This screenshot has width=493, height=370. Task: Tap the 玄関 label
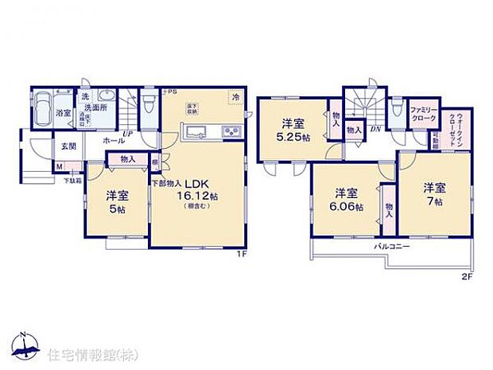[68, 146]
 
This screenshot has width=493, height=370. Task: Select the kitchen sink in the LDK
[198, 131]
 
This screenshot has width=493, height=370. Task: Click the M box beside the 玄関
[59, 167]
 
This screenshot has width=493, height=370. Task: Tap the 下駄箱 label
[72, 181]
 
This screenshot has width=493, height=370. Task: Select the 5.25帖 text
[293, 136]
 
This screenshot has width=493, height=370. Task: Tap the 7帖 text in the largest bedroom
[433, 201]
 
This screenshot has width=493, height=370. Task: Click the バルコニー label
[393, 247]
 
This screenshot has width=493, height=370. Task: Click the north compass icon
[25, 344]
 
